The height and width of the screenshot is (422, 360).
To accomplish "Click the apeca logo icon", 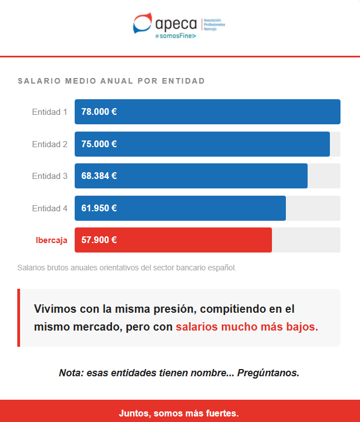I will point(142,23).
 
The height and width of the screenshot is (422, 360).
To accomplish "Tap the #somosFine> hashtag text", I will point(176,36).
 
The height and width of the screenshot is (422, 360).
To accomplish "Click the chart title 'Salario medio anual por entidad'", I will point(111,81).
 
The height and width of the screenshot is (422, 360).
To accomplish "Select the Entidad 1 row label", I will point(50,111).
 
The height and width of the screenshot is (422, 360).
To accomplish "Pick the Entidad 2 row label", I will point(50,144).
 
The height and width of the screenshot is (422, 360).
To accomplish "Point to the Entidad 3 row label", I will point(50,176).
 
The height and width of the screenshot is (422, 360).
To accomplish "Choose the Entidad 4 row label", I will point(50,208).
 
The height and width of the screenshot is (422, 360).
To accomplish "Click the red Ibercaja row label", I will point(51,240).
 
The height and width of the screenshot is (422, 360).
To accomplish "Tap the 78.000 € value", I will point(99,111).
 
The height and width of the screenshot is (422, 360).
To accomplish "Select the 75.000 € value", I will point(99,144).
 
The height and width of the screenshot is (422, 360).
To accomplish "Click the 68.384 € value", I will point(99,176).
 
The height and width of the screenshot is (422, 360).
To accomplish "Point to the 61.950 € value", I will point(99,208).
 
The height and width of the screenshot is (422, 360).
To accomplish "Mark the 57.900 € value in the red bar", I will point(99,240).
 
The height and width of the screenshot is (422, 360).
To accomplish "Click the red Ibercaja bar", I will point(195,240).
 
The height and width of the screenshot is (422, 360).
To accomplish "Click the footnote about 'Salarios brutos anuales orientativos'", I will point(127,268).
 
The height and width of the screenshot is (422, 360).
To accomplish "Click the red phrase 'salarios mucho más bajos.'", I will point(247,327).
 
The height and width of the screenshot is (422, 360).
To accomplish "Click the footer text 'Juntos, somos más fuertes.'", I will point(179,414).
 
